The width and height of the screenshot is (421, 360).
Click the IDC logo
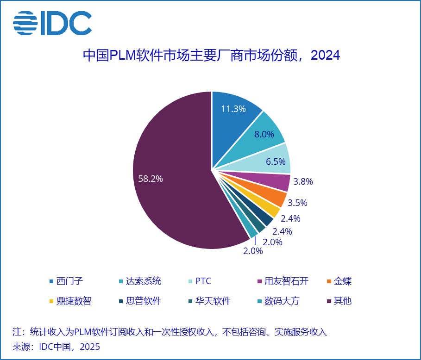[x=52, y=24]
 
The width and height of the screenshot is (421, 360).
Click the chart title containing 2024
[x=211, y=56]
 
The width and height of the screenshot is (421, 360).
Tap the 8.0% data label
[x=264, y=134]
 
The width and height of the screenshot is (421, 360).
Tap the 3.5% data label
[x=297, y=203]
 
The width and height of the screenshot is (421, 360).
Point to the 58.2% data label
[x=151, y=179]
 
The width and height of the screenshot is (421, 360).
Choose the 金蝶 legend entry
[x=342, y=281]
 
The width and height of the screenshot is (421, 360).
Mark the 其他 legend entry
[x=342, y=301]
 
